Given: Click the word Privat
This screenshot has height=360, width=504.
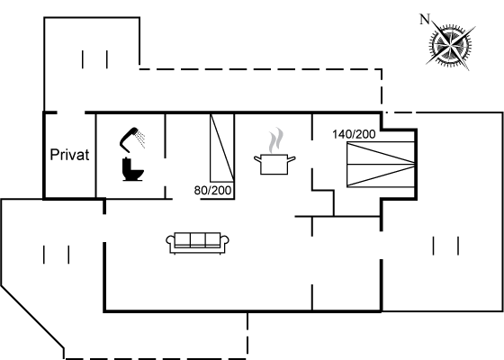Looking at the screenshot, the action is point(69,155).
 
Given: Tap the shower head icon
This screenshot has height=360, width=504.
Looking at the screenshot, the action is point(129,139).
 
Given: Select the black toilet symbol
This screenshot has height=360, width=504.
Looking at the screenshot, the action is point(132,169).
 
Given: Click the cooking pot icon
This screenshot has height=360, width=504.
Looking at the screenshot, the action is point(274,164).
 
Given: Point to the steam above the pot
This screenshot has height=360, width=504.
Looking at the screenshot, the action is point(276,140).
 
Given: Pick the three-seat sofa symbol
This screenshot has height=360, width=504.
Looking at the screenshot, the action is point(197,243).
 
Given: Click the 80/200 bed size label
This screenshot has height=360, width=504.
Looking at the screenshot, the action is point(212,191).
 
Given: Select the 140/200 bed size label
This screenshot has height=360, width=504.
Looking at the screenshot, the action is point(354,134).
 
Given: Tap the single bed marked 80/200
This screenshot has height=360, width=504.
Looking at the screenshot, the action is point(222,148).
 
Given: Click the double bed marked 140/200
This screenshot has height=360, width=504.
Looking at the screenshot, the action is point(381,164).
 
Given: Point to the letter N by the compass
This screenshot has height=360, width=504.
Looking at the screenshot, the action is point(425,20).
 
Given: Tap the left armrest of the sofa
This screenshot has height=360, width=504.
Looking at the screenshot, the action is point(171,242).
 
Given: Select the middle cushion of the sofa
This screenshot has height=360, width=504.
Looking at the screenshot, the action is point(197,239).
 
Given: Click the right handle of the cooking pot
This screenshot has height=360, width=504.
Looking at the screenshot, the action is point(292,159).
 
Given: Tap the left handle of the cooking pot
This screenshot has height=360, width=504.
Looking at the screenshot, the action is point(258,159).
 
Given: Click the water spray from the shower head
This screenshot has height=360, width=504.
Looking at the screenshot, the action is point(140,139).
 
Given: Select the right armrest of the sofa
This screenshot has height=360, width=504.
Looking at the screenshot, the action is point(224,242).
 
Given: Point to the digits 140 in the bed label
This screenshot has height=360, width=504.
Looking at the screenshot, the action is point(342,134).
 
